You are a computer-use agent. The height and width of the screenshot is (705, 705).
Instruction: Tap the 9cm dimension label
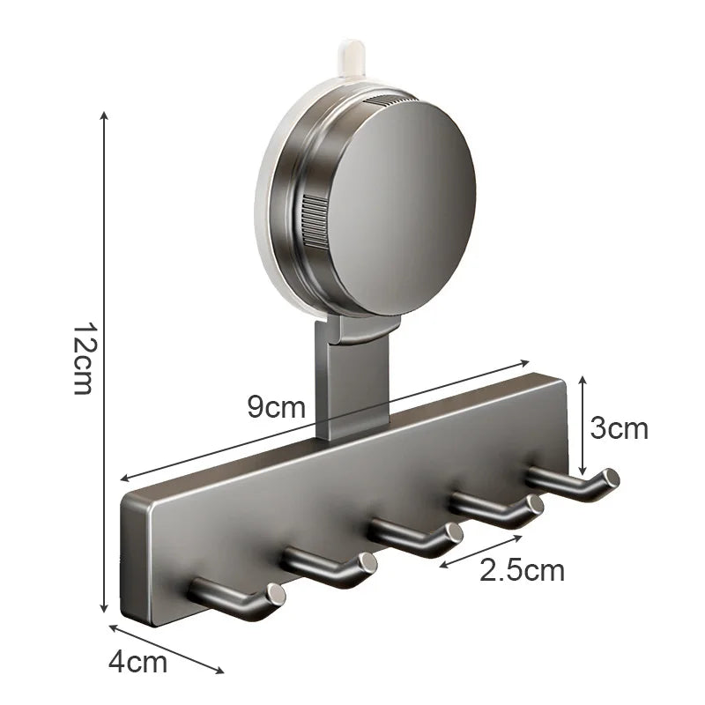pos(276,407)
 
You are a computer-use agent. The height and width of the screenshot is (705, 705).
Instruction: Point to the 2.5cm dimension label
pos(522,570)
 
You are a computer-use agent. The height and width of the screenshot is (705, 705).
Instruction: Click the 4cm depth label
pos(137,662)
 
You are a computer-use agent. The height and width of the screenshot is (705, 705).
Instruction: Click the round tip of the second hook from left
pos(368,564)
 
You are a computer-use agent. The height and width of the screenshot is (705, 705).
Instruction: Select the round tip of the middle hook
pos(454,534)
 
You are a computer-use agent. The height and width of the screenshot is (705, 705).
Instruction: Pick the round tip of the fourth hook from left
pos(533,506)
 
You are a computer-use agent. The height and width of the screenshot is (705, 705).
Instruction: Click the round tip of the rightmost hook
pos(609,479)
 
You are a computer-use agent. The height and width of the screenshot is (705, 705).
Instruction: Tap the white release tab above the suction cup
pos(351,53)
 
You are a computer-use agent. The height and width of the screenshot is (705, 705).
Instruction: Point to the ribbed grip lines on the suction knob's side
pos(314,220)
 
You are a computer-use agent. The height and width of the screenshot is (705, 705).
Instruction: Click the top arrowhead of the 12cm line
pos(105,115)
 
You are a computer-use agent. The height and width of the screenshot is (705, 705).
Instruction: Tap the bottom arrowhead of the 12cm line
pos(105,610)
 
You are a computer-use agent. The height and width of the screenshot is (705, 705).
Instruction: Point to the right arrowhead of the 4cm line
pos(220,672)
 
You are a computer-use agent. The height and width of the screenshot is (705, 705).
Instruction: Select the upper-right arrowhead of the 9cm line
pos(526,361)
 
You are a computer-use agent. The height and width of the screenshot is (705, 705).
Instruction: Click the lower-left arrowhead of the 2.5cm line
pos(442,565)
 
